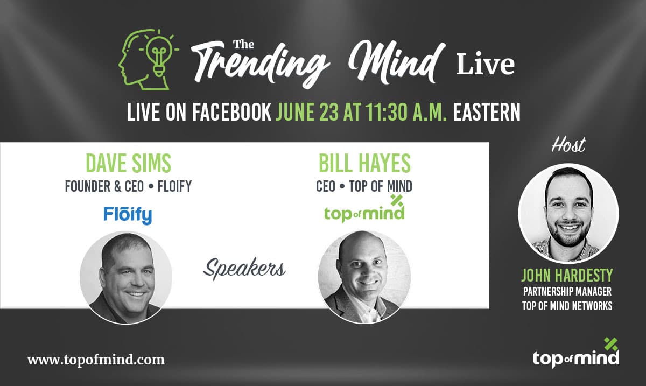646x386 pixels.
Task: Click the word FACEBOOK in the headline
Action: click(232, 112)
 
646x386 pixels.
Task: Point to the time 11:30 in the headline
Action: click(387, 112)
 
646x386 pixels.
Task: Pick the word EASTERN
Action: click(487, 112)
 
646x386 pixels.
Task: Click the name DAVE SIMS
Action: click(128, 163)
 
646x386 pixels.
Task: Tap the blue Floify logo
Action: click(128, 215)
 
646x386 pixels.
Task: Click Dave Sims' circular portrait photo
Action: click(126, 278)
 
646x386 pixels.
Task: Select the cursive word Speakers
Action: click(244, 269)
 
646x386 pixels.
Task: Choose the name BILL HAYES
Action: click(364, 163)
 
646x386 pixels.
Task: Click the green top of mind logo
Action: click(364, 209)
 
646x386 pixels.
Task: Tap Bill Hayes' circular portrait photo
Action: click(364, 277)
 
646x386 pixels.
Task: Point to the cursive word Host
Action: click(568, 144)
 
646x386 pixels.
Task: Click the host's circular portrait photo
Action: click(568, 214)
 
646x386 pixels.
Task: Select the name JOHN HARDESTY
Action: click(567, 275)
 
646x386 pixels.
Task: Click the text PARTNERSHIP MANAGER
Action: click(567, 291)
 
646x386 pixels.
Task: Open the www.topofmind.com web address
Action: click(96, 360)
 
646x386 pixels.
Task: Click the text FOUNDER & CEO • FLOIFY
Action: click(128, 186)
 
